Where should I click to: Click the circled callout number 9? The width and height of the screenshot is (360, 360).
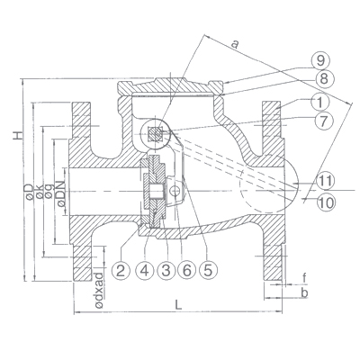point(320,61)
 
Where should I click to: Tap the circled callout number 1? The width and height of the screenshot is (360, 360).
point(320,103)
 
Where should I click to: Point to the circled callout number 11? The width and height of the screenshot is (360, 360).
point(326,181)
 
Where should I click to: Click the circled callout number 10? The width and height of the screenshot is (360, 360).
point(326,202)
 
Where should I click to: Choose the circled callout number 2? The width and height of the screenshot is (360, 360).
point(121,271)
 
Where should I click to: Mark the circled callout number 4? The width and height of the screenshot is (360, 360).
point(145,271)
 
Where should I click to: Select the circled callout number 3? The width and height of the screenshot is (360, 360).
point(166,271)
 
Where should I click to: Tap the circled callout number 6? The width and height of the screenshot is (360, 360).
point(186,271)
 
